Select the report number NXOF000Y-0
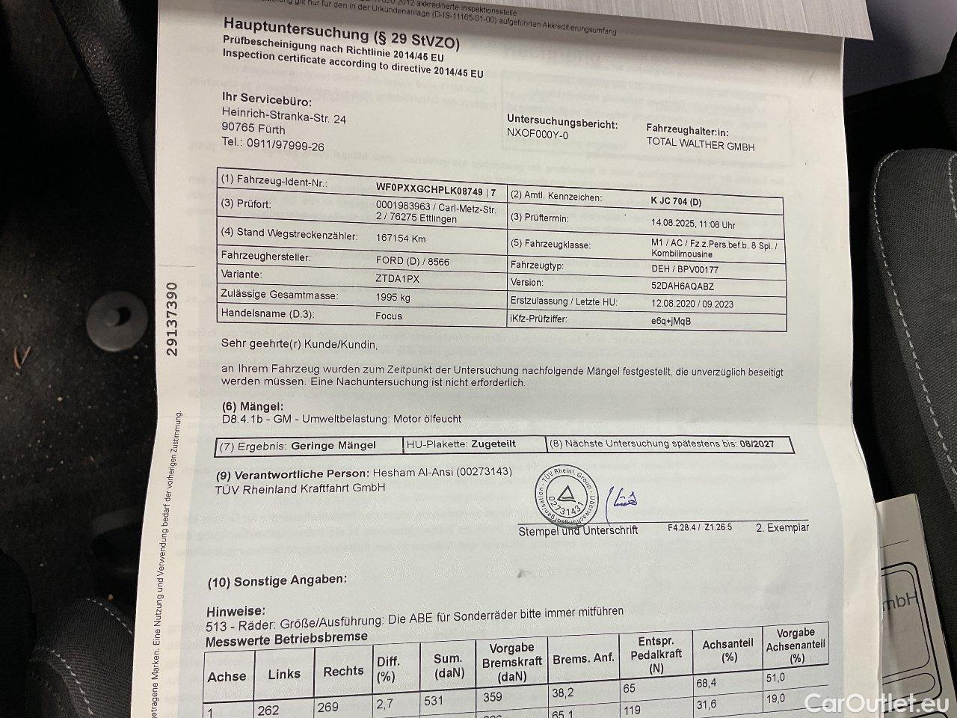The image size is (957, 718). point(537,135)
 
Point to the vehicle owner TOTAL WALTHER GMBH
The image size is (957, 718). point(701,146)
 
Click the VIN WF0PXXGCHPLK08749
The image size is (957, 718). point(430,191)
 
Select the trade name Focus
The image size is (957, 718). point(388,316)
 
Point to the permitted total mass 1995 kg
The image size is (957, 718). point(393,296)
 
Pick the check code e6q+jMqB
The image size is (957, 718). point(671,321)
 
